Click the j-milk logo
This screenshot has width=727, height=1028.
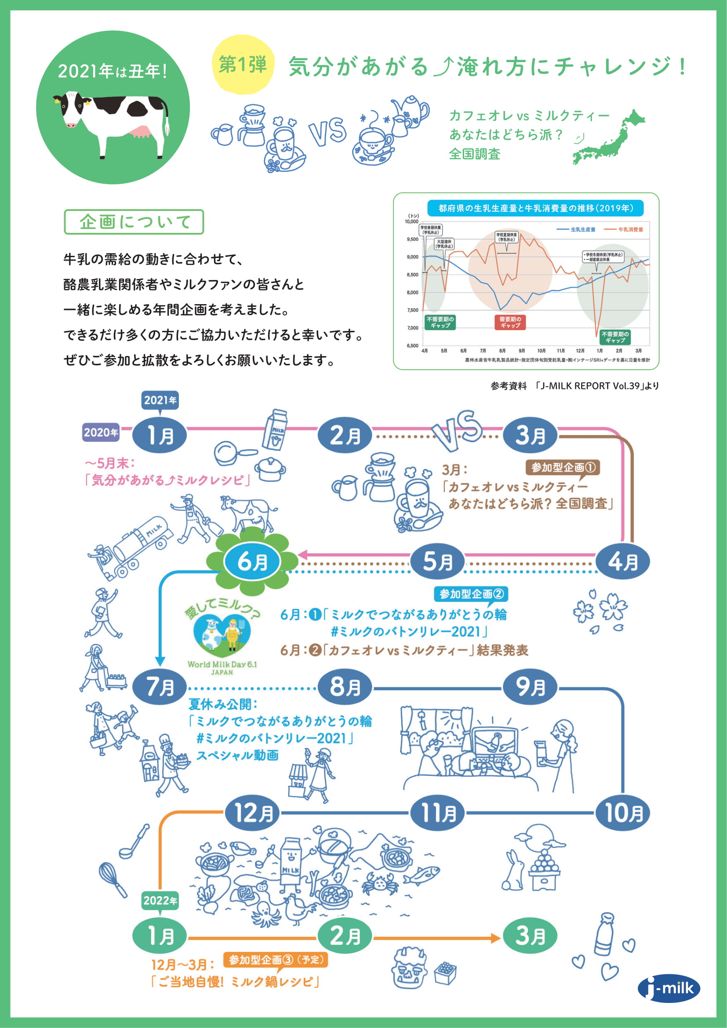(669, 988)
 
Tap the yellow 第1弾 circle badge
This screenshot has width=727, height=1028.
(243, 65)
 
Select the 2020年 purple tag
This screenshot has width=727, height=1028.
(101, 432)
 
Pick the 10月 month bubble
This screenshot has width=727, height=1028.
(623, 813)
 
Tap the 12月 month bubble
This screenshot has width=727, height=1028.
(252, 813)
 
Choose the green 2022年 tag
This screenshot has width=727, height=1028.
(160, 901)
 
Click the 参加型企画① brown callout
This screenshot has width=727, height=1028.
(563, 468)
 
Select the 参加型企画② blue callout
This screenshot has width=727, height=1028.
(471, 594)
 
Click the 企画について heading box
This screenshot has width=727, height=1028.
(134, 222)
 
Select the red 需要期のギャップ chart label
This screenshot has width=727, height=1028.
(510, 322)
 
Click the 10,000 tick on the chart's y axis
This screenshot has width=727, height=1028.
(411, 222)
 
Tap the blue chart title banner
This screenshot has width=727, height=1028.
(535, 208)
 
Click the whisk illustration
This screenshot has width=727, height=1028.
(113, 880)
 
